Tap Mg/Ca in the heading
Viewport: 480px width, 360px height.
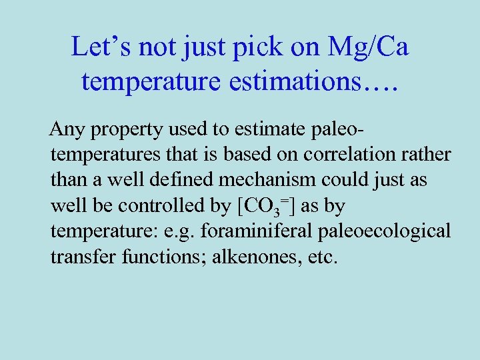pyautogui.click(x=368, y=47)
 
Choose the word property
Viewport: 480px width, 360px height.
pyautogui.click(x=119, y=129)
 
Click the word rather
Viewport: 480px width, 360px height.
pyautogui.click(x=427, y=155)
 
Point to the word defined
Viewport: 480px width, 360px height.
pyautogui.click(x=181, y=181)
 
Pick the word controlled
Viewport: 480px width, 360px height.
pyautogui.click(x=152, y=207)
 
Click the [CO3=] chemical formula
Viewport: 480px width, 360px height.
pyautogui.click(x=266, y=207)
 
